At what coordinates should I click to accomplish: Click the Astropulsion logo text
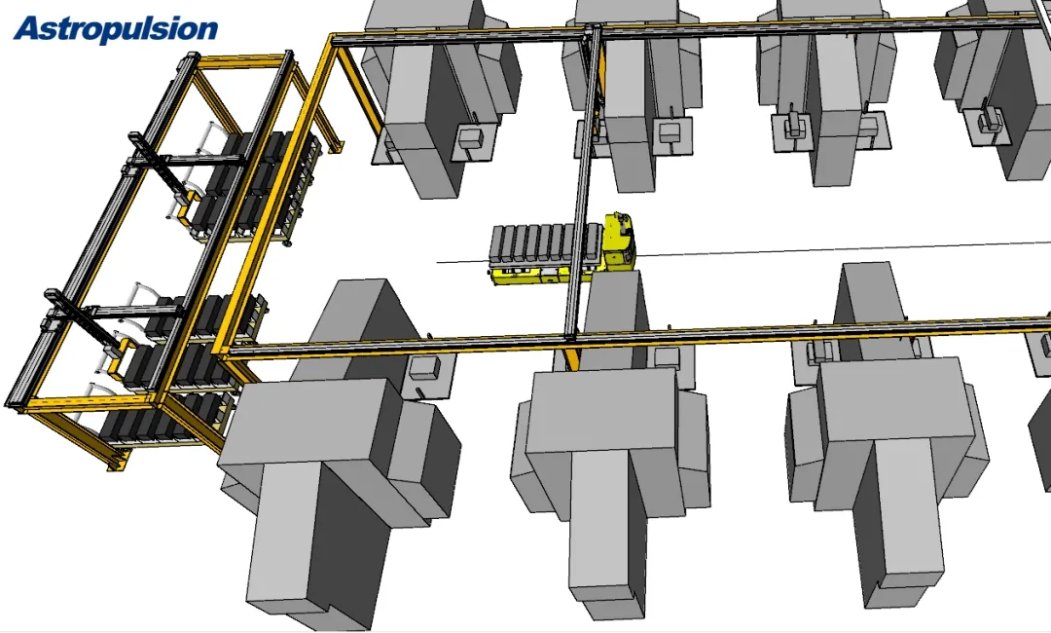click(115, 29)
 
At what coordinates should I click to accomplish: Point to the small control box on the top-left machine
click(471, 139)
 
